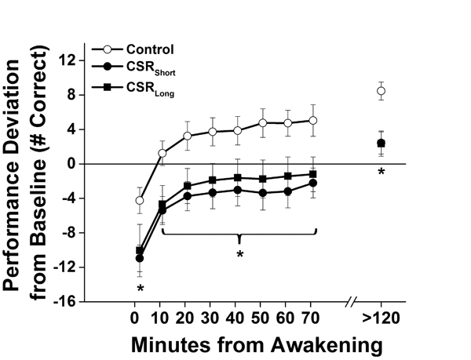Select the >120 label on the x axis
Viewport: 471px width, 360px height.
(x=382, y=319)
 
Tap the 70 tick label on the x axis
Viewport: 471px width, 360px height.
(x=313, y=319)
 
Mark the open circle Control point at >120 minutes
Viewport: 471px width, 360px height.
(x=381, y=91)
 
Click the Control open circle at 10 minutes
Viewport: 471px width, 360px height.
(x=162, y=153)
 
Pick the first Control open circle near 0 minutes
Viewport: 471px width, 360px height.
(x=140, y=200)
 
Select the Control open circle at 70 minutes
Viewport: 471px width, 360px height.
(x=313, y=121)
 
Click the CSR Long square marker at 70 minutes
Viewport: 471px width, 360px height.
(x=313, y=174)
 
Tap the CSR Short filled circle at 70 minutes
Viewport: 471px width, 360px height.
(x=313, y=183)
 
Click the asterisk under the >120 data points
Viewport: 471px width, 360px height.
(x=381, y=171)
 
